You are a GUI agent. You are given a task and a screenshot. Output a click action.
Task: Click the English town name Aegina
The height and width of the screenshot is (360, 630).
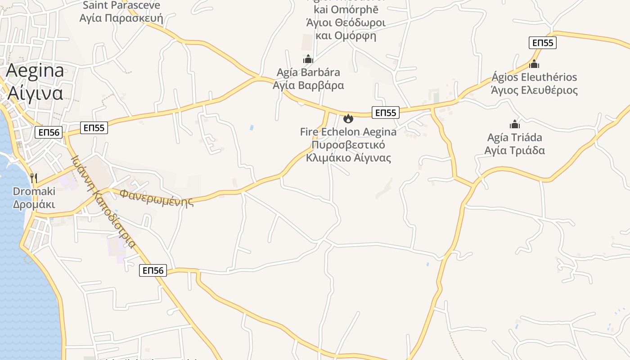click(35, 71)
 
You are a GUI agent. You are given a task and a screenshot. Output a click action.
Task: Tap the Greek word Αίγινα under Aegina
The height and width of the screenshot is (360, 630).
click(35, 93)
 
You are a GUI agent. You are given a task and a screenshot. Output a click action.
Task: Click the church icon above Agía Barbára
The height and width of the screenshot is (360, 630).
click(308, 59)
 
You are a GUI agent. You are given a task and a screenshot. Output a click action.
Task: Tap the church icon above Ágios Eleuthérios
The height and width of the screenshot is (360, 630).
click(534, 64)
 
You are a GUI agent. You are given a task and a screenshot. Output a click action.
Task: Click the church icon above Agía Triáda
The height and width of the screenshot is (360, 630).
click(515, 124)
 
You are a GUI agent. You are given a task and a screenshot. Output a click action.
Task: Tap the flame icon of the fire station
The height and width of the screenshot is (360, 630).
click(348, 119)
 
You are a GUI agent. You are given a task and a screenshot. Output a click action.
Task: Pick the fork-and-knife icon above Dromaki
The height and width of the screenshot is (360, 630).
click(34, 178)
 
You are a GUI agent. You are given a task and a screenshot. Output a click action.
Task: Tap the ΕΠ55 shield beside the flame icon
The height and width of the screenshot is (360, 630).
click(386, 112)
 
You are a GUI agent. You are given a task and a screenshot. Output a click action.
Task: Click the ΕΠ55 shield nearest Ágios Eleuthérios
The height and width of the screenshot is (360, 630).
click(542, 43)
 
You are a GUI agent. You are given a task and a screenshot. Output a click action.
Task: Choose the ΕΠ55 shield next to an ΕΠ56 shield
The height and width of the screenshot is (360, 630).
click(94, 128)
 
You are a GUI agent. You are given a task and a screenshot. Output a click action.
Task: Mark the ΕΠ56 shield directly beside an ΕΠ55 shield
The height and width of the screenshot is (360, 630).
click(49, 132)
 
